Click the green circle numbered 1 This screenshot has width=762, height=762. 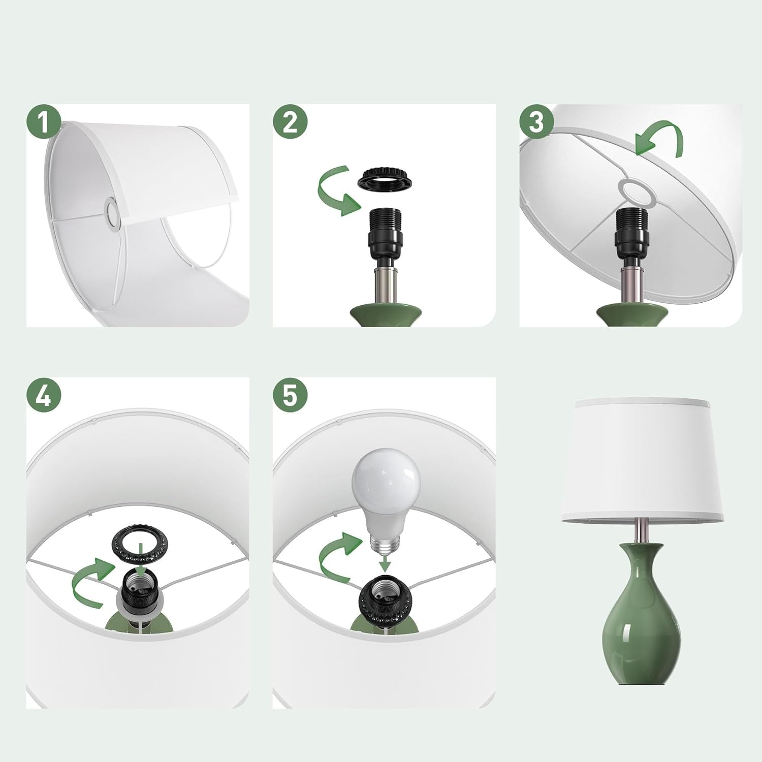44,122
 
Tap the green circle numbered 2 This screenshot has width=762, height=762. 290,122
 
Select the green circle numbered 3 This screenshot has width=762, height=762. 536,122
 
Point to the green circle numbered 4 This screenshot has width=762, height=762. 44,395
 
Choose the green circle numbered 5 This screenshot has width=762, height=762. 290,395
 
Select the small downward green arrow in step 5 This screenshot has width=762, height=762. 386,562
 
